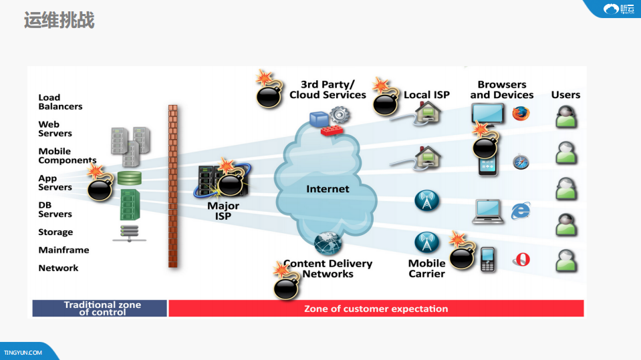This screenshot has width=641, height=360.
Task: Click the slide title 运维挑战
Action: [59, 20]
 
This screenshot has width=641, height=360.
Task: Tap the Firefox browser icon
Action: [521, 113]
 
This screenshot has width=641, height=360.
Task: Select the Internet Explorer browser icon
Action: [520, 211]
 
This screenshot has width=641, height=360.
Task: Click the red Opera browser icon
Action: [521, 259]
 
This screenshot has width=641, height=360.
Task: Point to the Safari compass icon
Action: [521, 162]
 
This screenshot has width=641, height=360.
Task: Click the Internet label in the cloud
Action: [328, 189]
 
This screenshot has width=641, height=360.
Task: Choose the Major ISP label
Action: [223, 211]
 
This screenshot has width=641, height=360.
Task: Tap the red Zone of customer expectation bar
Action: [376, 309]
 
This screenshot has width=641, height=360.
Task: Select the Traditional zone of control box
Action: [100, 308]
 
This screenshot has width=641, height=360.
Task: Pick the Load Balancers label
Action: [60, 102]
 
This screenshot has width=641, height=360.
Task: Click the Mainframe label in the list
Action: [63, 250]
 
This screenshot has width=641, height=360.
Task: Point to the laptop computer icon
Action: [487, 211]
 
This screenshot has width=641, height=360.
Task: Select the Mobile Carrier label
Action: [426, 268]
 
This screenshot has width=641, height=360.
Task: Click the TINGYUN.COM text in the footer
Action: [23, 353]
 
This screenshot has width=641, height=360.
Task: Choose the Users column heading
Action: [565, 95]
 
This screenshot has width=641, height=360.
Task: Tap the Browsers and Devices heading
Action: [502, 89]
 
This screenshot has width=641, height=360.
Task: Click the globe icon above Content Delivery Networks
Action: [328, 243]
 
